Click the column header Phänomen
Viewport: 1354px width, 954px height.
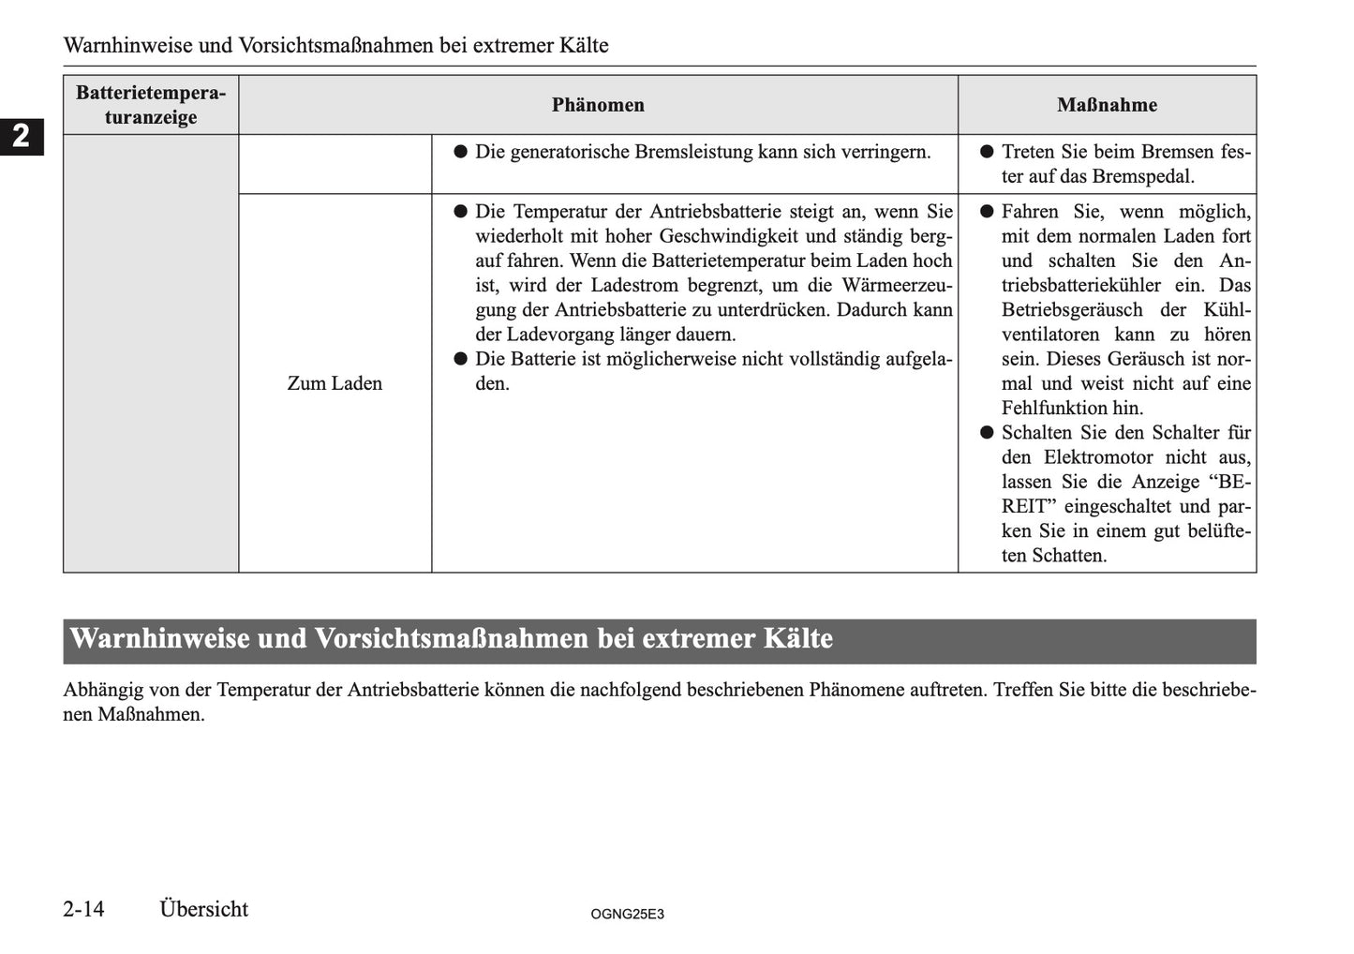point(598,105)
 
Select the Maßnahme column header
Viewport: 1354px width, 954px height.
point(1107,105)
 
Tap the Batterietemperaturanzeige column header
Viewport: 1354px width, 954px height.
point(151,105)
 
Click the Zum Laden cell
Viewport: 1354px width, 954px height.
point(335,383)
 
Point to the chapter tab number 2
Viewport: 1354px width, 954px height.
point(21,137)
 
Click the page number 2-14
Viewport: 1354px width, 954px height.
point(84,909)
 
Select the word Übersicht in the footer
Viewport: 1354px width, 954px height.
point(203,909)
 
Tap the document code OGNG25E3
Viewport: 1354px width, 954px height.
point(628,914)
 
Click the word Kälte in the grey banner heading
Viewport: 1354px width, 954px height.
point(797,639)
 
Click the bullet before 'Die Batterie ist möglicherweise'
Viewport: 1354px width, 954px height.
point(460,359)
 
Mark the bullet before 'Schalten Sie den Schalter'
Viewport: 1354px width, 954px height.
point(986,433)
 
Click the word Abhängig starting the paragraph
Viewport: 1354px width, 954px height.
point(102,690)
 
